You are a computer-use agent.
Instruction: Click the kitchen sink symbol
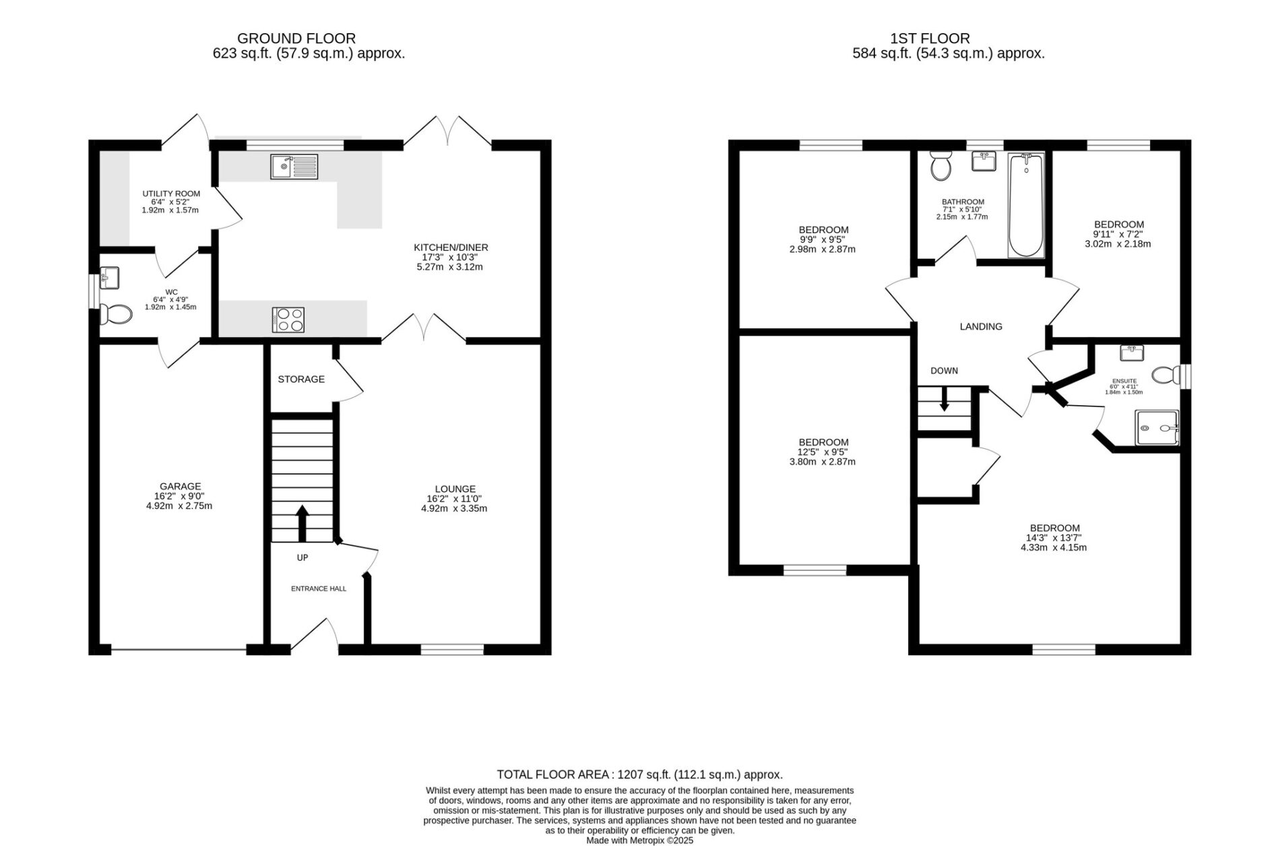coord(294,167)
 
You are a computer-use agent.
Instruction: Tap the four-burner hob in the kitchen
coord(288,320)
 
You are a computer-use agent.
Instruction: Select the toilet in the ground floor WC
coord(115,313)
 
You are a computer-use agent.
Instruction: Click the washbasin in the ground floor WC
coord(109,277)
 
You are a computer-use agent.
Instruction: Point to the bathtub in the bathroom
coord(1026,205)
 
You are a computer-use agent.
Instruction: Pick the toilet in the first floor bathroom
coord(940,165)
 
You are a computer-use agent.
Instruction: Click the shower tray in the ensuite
coord(1157,428)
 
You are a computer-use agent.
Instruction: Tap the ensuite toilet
coord(1166,375)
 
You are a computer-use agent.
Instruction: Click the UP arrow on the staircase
coord(302,524)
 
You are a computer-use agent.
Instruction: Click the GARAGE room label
coord(181,486)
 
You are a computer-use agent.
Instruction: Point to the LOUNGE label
coord(455,489)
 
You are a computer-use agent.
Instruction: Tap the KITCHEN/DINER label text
coord(451,247)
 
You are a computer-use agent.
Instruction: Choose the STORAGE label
coord(301,379)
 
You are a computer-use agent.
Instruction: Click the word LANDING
coord(981,326)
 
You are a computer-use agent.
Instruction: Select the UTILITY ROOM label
coord(171,193)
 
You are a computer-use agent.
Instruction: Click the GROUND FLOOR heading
coord(296,38)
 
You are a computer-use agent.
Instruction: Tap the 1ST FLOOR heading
coord(948,38)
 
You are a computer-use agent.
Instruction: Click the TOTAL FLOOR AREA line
coord(639,775)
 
